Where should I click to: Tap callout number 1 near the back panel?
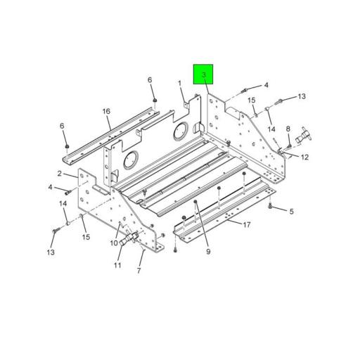click(x=180, y=84)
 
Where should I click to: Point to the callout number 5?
click(x=291, y=210)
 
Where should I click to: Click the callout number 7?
click(x=139, y=270)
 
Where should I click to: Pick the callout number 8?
click(x=288, y=129)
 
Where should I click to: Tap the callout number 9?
click(x=208, y=251)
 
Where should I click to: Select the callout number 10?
click(x=113, y=243)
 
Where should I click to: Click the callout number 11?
click(x=118, y=265)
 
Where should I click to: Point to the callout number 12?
click(x=304, y=157)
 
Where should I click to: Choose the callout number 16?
click(x=106, y=111)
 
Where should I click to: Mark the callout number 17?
click(x=246, y=225)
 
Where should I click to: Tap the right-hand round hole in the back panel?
click(x=181, y=129)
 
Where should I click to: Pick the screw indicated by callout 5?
click(x=272, y=207)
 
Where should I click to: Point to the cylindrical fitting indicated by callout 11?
click(x=127, y=240)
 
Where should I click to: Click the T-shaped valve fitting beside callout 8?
click(x=304, y=136)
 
